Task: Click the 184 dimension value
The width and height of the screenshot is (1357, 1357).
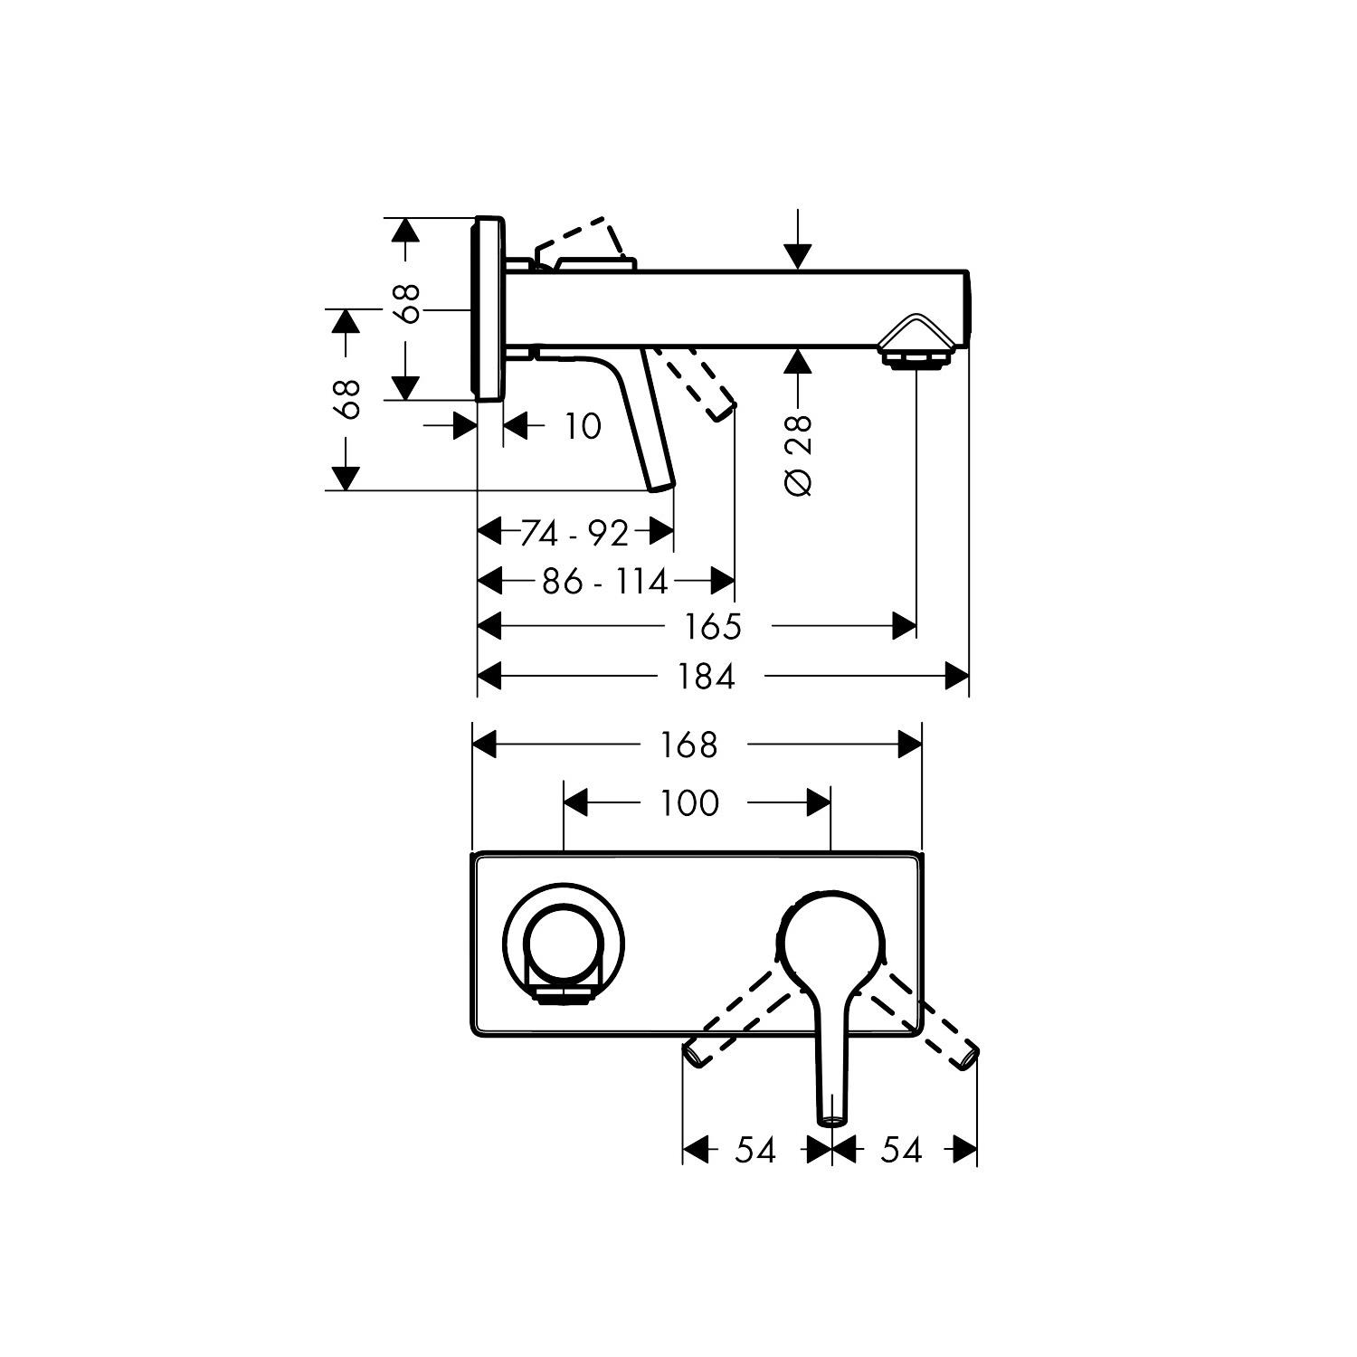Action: (x=707, y=676)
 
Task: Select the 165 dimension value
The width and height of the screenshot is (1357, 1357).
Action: (x=713, y=626)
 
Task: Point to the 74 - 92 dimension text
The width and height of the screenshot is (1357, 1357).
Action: (x=574, y=534)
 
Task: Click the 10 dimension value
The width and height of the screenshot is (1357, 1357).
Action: (x=583, y=426)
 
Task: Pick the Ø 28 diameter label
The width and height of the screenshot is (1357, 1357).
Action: (x=799, y=455)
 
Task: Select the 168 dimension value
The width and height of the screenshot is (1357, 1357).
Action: (x=689, y=745)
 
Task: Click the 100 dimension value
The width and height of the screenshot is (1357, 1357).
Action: (x=689, y=802)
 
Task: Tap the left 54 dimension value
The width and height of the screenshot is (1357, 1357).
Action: (x=755, y=1150)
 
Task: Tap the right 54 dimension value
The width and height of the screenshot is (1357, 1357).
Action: (x=901, y=1150)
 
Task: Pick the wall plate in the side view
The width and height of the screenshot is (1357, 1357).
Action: (x=489, y=308)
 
